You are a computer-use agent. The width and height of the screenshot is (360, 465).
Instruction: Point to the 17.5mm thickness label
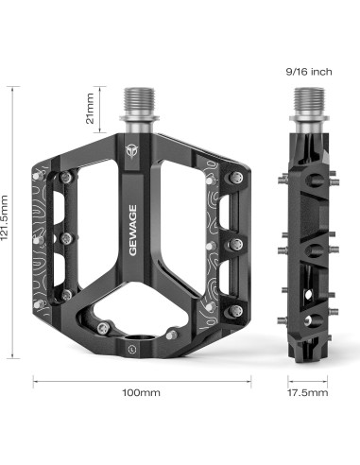point(308,392)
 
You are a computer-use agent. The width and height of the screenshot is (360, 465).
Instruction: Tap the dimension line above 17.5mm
point(308,381)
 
